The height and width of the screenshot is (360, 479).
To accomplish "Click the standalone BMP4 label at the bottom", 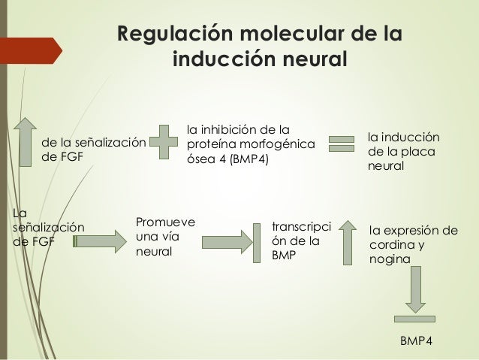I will pyautogui.click(x=416, y=342).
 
